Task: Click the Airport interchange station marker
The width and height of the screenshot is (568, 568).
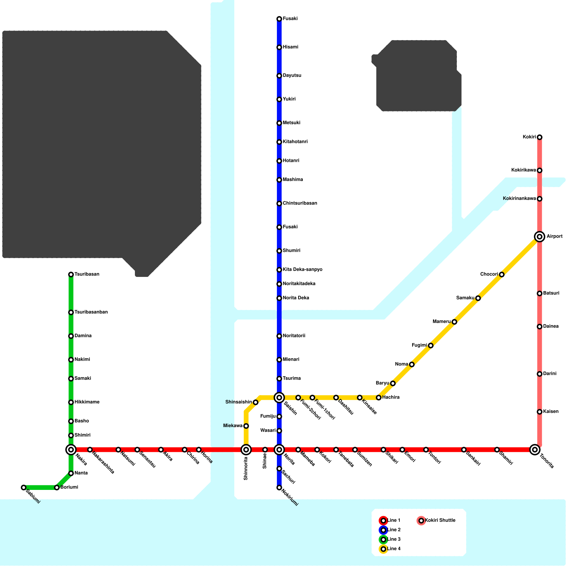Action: tap(539, 236)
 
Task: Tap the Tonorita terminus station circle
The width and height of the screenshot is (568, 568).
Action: tap(535, 450)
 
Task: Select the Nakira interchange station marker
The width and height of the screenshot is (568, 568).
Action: tap(71, 450)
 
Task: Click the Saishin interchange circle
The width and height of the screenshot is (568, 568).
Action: tap(279, 398)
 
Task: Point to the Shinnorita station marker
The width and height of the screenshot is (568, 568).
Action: tap(246, 450)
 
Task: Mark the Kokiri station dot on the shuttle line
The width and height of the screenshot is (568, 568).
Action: tap(539, 137)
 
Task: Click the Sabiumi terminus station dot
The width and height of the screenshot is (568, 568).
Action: tap(23, 487)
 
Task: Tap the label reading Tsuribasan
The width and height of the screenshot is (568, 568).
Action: tap(87, 274)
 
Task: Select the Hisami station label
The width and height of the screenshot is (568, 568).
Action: tap(290, 47)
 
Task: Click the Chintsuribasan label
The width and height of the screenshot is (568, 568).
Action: tap(300, 203)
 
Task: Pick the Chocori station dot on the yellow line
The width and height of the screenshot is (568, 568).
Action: tap(501, 274)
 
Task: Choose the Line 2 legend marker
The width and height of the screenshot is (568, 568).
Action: tap(383, 530)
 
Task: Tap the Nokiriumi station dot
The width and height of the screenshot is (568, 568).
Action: tap(279, 488)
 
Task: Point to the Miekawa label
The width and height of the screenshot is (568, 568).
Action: tap(233, 426)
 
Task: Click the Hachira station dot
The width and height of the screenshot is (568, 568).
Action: tap(378, 398)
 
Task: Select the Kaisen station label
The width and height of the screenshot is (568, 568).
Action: tap(551, 412)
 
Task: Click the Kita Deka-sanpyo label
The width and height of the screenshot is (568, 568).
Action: tap(302, 270)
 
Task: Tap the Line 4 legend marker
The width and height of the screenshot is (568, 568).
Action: tap(383, 549)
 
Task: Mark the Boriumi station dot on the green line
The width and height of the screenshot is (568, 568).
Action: tap(57, 487)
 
